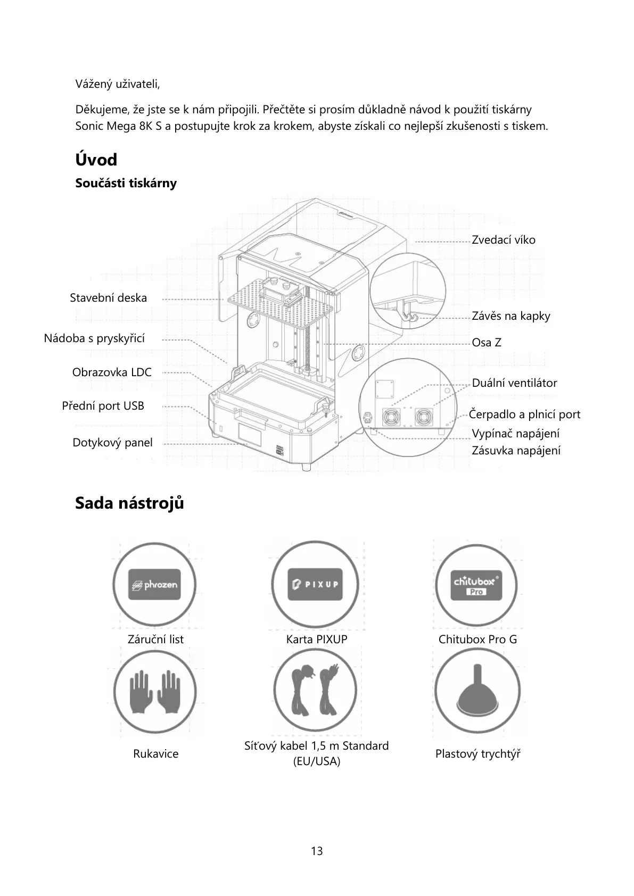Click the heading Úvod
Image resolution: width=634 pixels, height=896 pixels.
pos(96,160)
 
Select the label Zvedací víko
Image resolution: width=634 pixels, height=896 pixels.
pos(503,240)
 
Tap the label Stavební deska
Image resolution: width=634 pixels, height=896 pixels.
pos(108,298)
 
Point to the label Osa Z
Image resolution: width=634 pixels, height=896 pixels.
pos(486,343)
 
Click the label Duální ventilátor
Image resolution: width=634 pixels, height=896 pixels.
pos(514,383)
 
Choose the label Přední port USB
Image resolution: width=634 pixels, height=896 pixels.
pos(103,406)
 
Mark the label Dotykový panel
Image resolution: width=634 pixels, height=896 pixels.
pos(112,443)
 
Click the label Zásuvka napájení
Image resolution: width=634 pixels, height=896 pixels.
pos(516,451)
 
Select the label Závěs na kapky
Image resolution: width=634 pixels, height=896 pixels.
pos(511,316)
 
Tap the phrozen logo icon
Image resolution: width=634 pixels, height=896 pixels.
pos(154,584)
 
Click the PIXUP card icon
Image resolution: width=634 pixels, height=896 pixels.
pos(314,584)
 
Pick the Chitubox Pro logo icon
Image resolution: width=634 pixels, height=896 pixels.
pos(476,584)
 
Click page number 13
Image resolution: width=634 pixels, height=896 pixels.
pos(317,851)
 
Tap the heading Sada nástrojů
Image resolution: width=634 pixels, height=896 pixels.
pos(129,503)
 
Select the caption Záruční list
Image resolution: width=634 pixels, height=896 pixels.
pos(155,640)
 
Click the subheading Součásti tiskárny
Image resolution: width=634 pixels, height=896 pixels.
pos(126,184)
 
